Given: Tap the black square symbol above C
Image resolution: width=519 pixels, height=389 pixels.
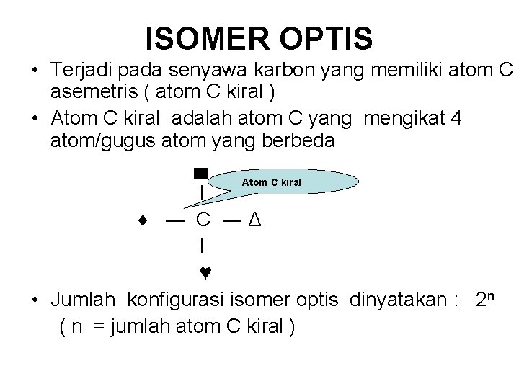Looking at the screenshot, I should [201, 173].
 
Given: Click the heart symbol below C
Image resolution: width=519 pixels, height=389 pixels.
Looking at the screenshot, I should [205, 273].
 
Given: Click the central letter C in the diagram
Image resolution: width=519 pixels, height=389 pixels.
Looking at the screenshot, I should [204, 219].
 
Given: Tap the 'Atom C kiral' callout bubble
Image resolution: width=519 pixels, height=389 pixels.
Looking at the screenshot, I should [271, 182].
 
